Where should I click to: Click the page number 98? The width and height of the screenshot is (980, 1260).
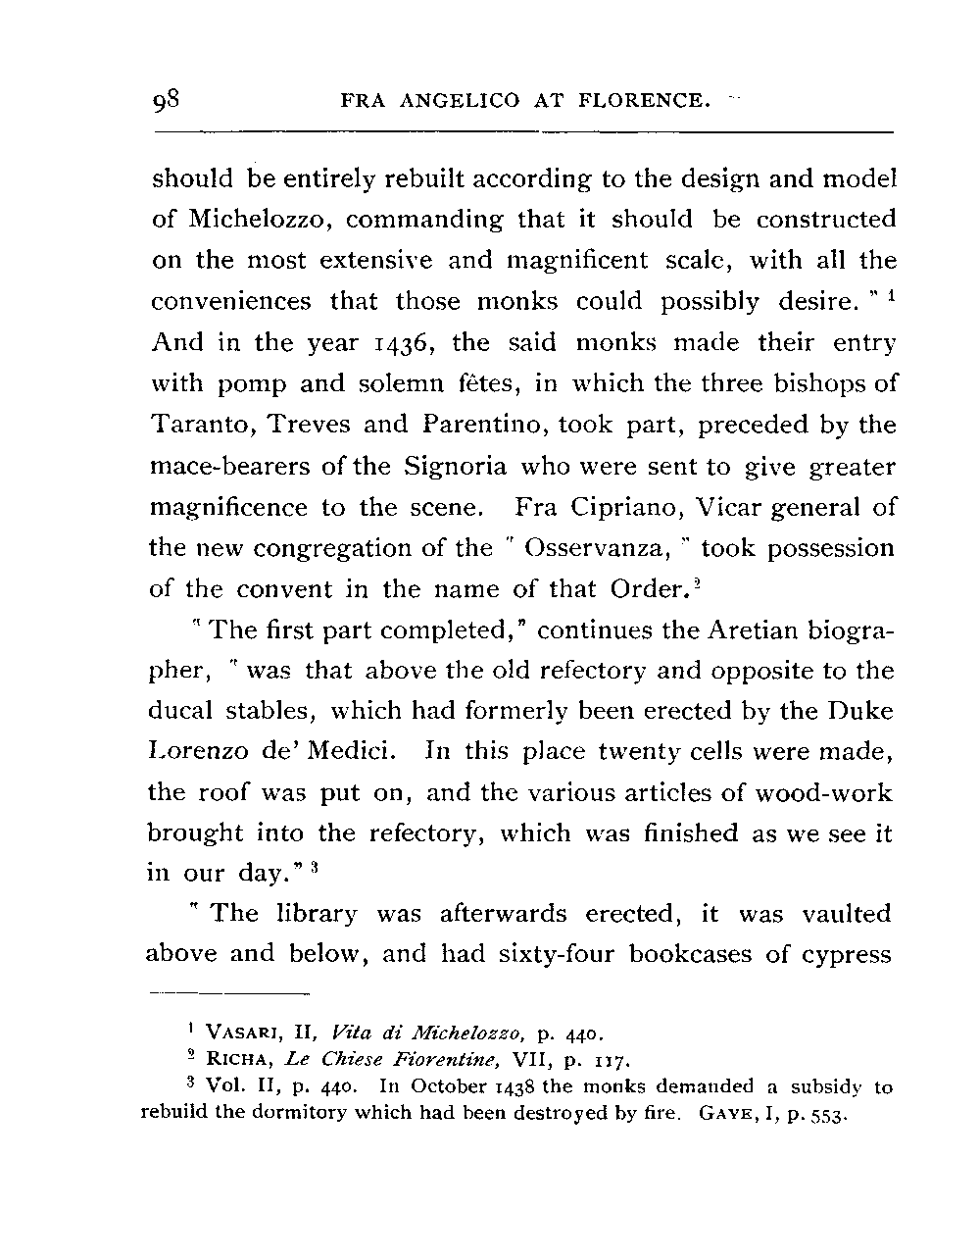[x=168, y=100]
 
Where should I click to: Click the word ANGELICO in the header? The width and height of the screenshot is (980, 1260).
[x=458, y=100]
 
